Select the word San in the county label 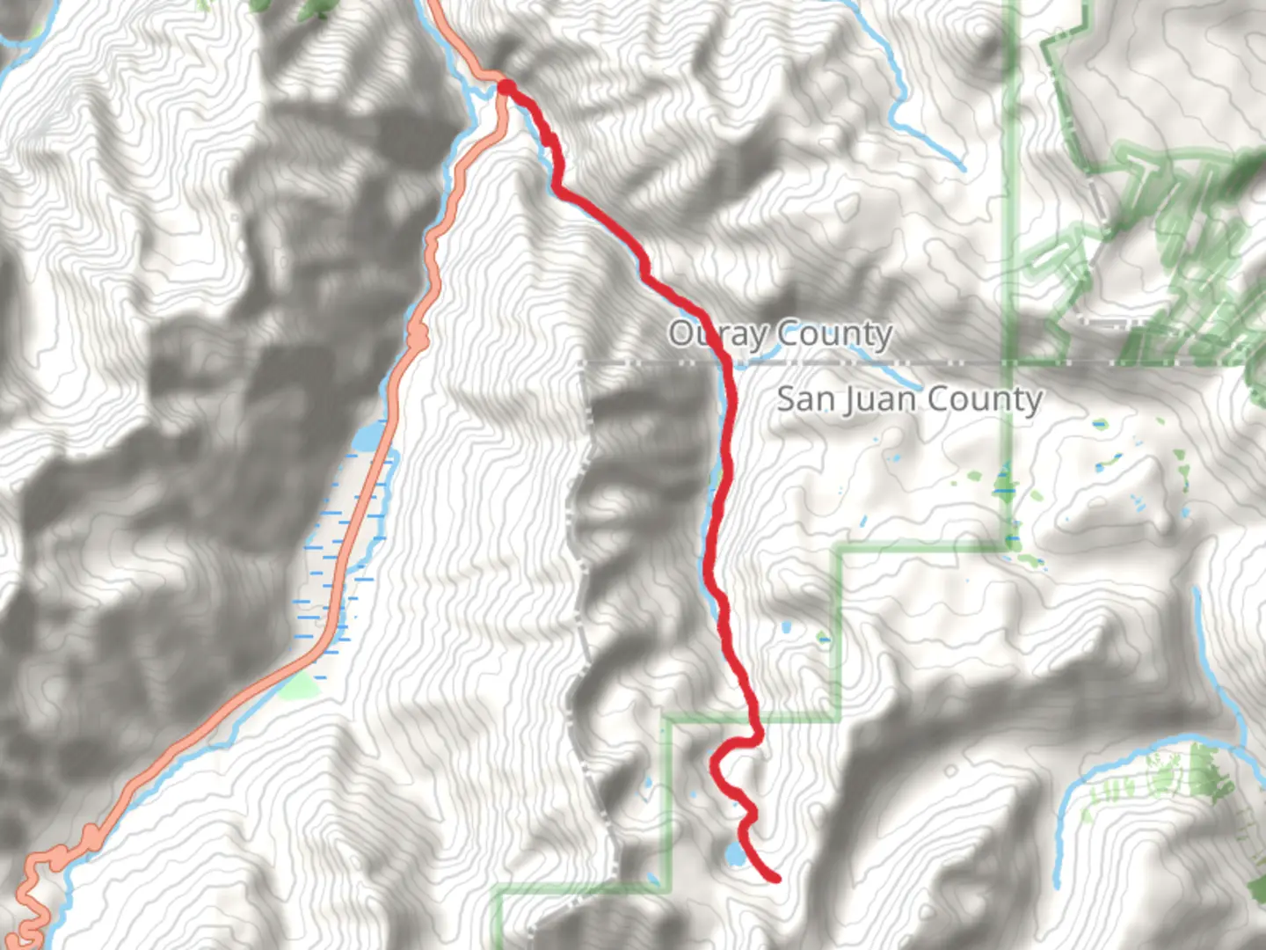804,399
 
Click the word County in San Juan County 985,399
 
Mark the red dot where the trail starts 506,86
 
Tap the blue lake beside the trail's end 732,852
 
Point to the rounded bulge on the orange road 418,334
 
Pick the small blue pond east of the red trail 784,628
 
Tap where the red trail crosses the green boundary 755,720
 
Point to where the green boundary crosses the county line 1010,362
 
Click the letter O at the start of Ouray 680,334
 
